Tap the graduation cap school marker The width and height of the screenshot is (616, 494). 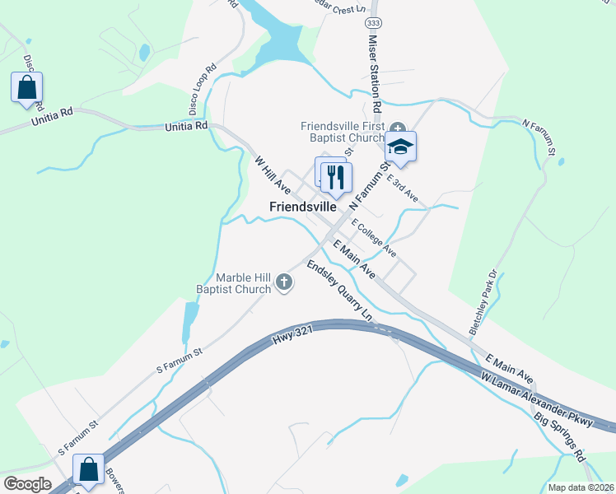(x=401, y=147)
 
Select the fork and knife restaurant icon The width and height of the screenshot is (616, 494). (x=336, y=176)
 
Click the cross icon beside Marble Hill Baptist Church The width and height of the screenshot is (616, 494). (x=284, y=283)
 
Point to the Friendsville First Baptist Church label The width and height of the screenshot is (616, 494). (x=343, y=132)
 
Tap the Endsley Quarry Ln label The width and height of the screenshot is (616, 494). (x=338, y=289)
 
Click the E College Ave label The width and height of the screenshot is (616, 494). (x=374, y=238)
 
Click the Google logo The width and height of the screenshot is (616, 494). (x=27, y=484)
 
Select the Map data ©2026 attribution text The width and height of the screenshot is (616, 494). (x=581, y=487)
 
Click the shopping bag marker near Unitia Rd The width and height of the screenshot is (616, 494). (x=26, y=87)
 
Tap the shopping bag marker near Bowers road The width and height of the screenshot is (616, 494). (x=88, y=469)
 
